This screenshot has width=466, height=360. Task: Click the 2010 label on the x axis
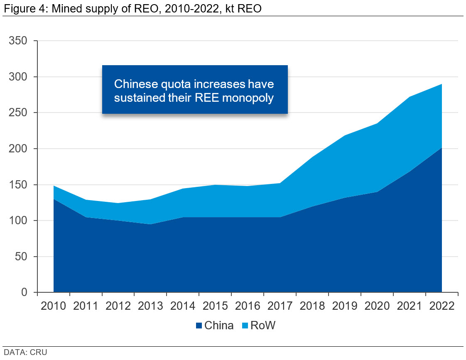coord(54,306)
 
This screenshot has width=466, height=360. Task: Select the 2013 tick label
coord(150,306)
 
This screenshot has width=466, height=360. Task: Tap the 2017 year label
coord(280,306)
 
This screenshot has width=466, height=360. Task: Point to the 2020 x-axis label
coord(377,306)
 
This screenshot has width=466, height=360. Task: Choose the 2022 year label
coord(441,306)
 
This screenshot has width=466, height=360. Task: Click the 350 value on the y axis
coord(19,41)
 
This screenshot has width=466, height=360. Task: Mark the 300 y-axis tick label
coord(19,77)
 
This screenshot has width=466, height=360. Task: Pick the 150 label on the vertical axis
coord(19,185)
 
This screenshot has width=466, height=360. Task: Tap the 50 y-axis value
coord(22,257)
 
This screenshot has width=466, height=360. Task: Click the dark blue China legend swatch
coord(199,326)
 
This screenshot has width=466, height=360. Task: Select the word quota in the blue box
coord(177,84)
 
